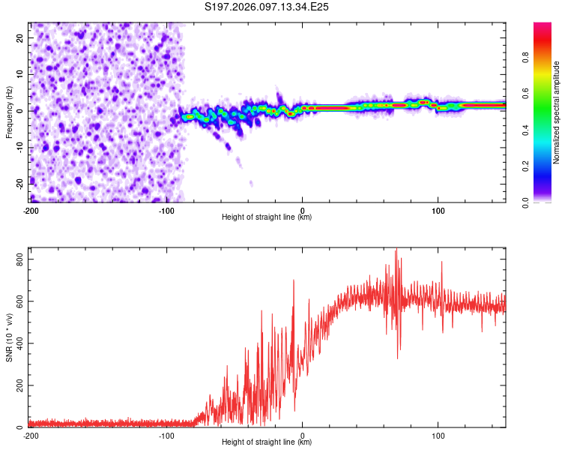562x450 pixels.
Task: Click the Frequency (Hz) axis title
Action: (9, 112)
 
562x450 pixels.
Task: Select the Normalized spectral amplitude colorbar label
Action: (556, 112)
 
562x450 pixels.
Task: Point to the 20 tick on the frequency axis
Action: (20, 37)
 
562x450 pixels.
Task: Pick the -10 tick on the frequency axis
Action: (19, 146)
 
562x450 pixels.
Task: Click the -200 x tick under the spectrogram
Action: (31, 209)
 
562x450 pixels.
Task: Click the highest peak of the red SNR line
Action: (396, 250)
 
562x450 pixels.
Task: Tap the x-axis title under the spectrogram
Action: (267, 217)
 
